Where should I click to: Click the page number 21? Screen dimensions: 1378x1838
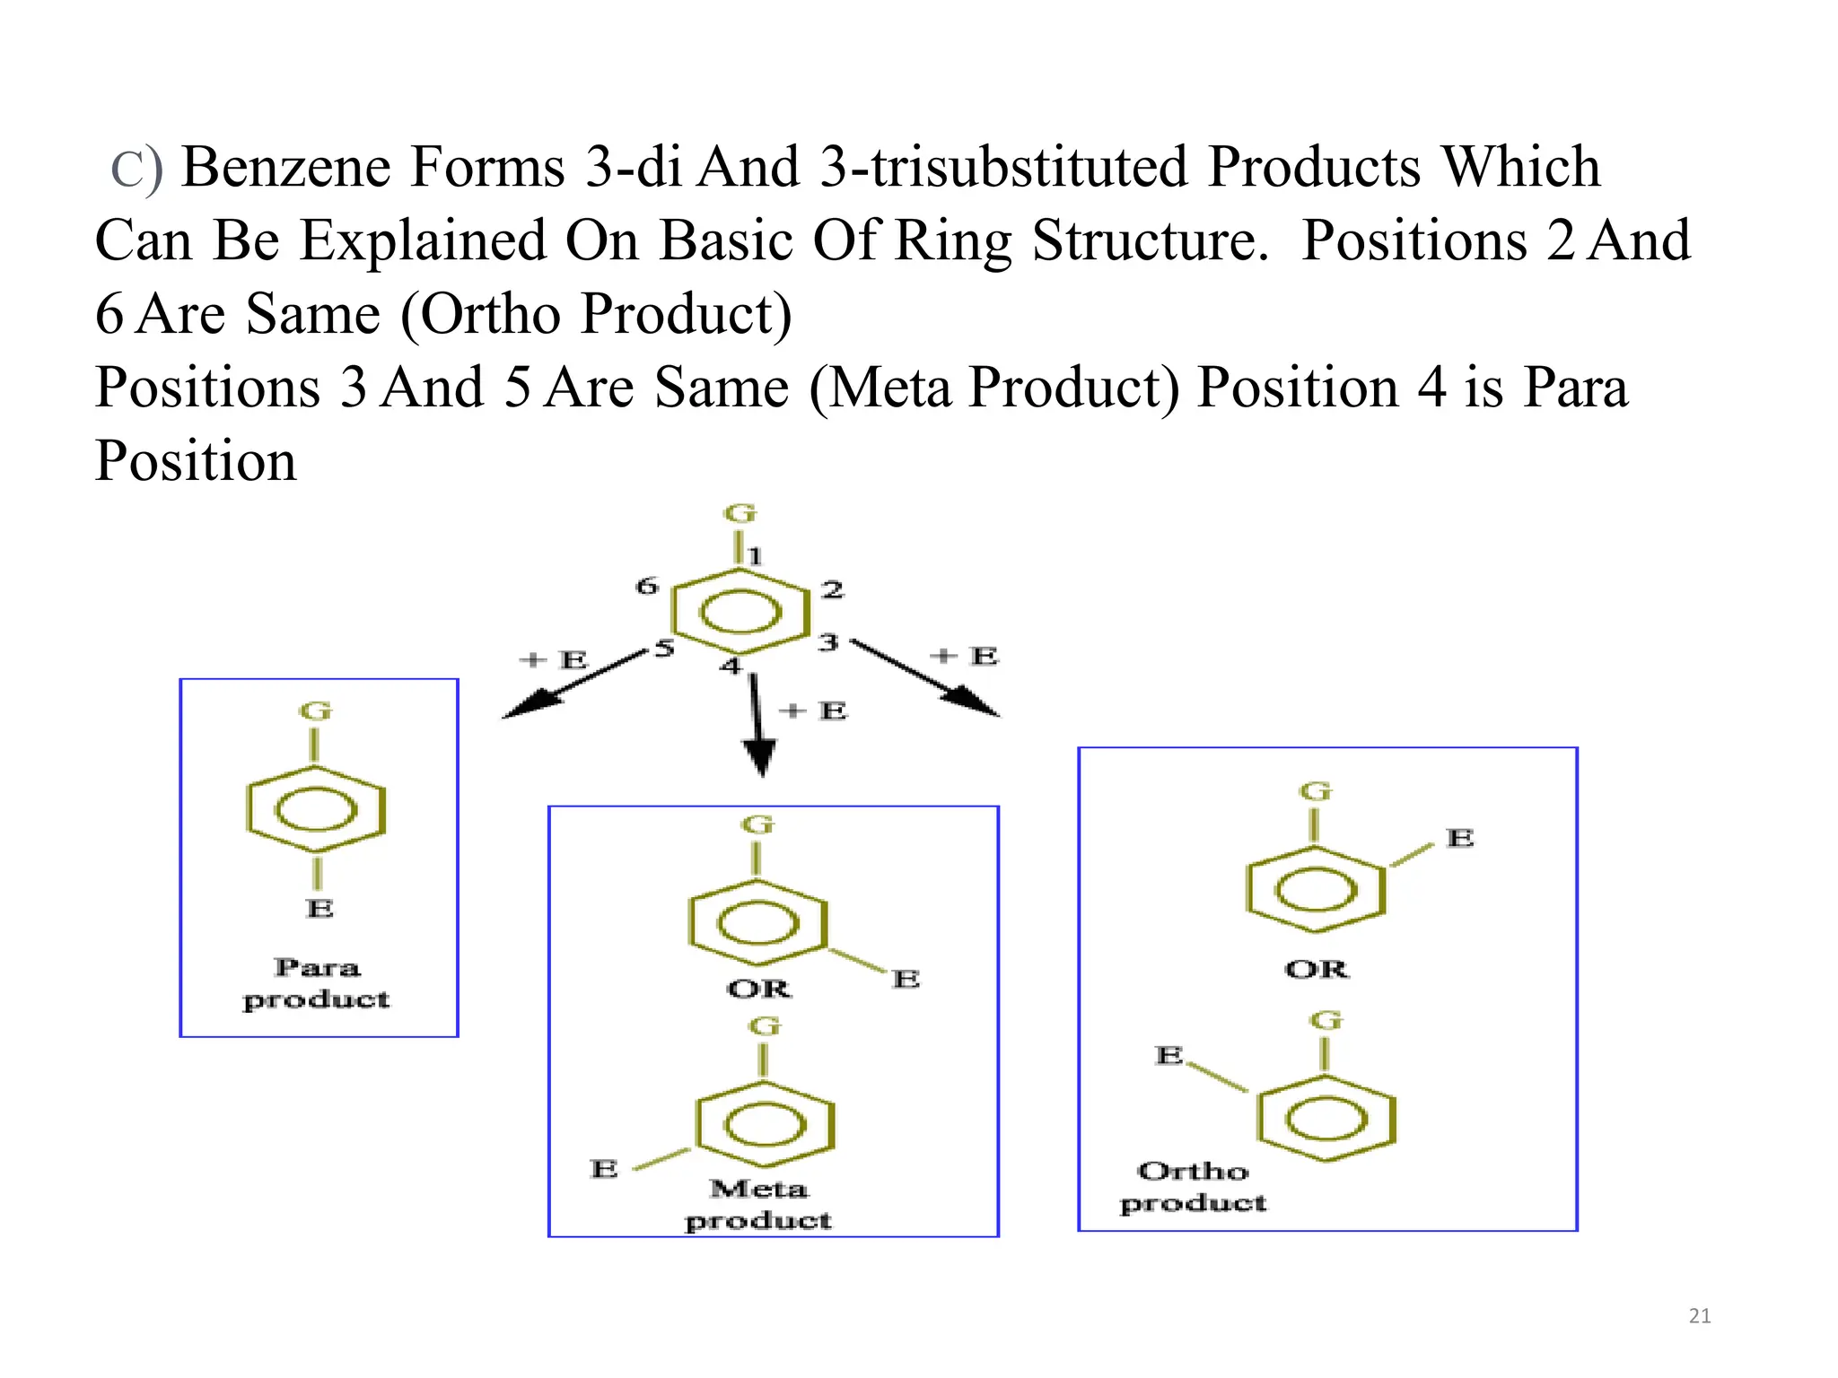(x=1699, y=1316)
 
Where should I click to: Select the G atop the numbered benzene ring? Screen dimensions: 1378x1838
(x=740, y=514)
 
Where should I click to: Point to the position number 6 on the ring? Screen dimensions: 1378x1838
(x=647, y=587)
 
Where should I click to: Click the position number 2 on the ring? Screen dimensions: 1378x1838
(x=833, y=589)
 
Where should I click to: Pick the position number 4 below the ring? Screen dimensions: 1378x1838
(x=731, y=666)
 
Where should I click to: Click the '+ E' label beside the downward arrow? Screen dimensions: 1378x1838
(x=813, y=711)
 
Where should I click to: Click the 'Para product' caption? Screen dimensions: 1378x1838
(x=317, y=983)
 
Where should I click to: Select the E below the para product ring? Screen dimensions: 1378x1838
(x=319, y=908)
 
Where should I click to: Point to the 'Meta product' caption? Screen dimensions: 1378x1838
(x=758, y=1204)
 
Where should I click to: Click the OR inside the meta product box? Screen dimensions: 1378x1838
(x=758, y=989)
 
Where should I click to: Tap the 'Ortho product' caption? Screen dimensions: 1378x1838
(x=1193, y=1186)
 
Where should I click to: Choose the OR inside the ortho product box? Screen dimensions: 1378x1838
(x=1317, y=969)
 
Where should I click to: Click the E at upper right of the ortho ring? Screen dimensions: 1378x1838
(x=1460, y=838)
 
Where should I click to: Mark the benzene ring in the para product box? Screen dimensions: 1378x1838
(x=316, y=810)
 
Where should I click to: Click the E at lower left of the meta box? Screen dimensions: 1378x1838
(x=604, y=1169)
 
